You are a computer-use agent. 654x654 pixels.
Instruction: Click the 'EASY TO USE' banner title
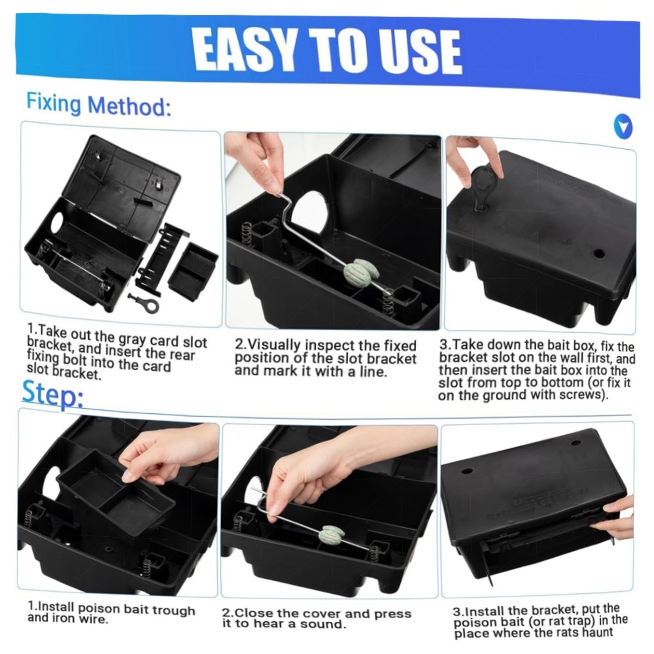327,51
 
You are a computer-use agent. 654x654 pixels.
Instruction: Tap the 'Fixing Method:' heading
99,105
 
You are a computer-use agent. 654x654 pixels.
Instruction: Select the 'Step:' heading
52,394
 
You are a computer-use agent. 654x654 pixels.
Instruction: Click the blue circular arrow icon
623,127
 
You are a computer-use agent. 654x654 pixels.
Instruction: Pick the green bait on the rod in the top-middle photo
361,271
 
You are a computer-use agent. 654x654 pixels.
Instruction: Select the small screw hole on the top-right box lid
598,252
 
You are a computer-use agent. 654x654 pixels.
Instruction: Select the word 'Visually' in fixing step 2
274,345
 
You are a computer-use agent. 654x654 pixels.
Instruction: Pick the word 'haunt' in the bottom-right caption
596,632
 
